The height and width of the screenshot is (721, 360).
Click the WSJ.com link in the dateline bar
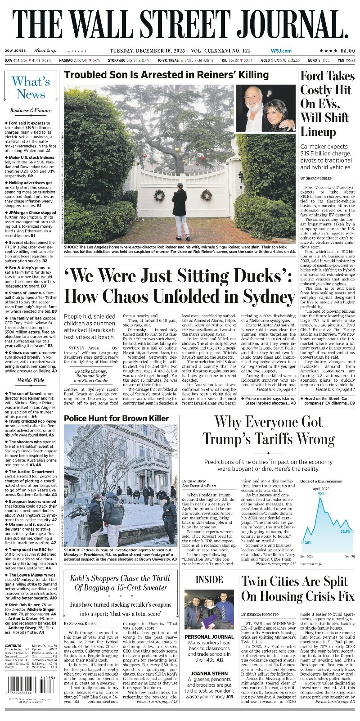(x=281, y=51)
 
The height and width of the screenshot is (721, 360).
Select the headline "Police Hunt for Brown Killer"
(x=110, y=418)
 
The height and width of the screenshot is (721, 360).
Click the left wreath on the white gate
(x=158, y=195)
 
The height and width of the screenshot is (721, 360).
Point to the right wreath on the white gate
(x=206, y=194)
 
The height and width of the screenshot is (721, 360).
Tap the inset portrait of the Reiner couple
(x=265, y=109)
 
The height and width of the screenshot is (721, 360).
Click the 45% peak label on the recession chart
(x=321, y=493)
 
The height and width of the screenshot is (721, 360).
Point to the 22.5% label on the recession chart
(x=345, y=532)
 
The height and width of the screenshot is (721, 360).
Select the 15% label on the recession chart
(x=308, y=542)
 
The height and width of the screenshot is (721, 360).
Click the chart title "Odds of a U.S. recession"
(x=321, y=481)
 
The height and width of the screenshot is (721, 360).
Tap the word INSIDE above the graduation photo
(x=209, y=580)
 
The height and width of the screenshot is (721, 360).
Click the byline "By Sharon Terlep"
(x=318, y=179)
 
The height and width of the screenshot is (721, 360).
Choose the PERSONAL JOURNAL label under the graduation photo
(x=209, y=637)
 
